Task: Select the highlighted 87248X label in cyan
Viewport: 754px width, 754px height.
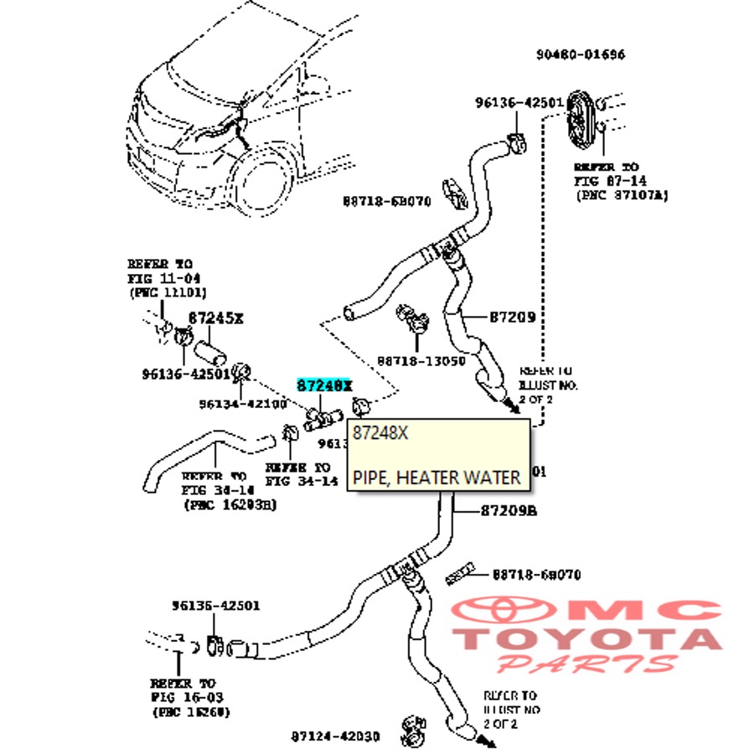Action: (324, 385)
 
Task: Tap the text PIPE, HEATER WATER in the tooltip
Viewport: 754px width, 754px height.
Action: (436, 477)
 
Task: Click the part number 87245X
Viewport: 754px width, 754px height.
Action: (215, 318)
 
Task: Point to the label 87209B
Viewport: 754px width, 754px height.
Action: (508, 510)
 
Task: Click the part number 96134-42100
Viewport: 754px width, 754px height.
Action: (243, 404)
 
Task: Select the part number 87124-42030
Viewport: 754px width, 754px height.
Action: (335, 736)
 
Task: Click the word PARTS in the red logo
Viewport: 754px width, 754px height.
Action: (586, 664)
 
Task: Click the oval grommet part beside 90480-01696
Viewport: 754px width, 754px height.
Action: (580, 117)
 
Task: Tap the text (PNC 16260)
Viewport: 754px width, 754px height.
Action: (192, 711)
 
